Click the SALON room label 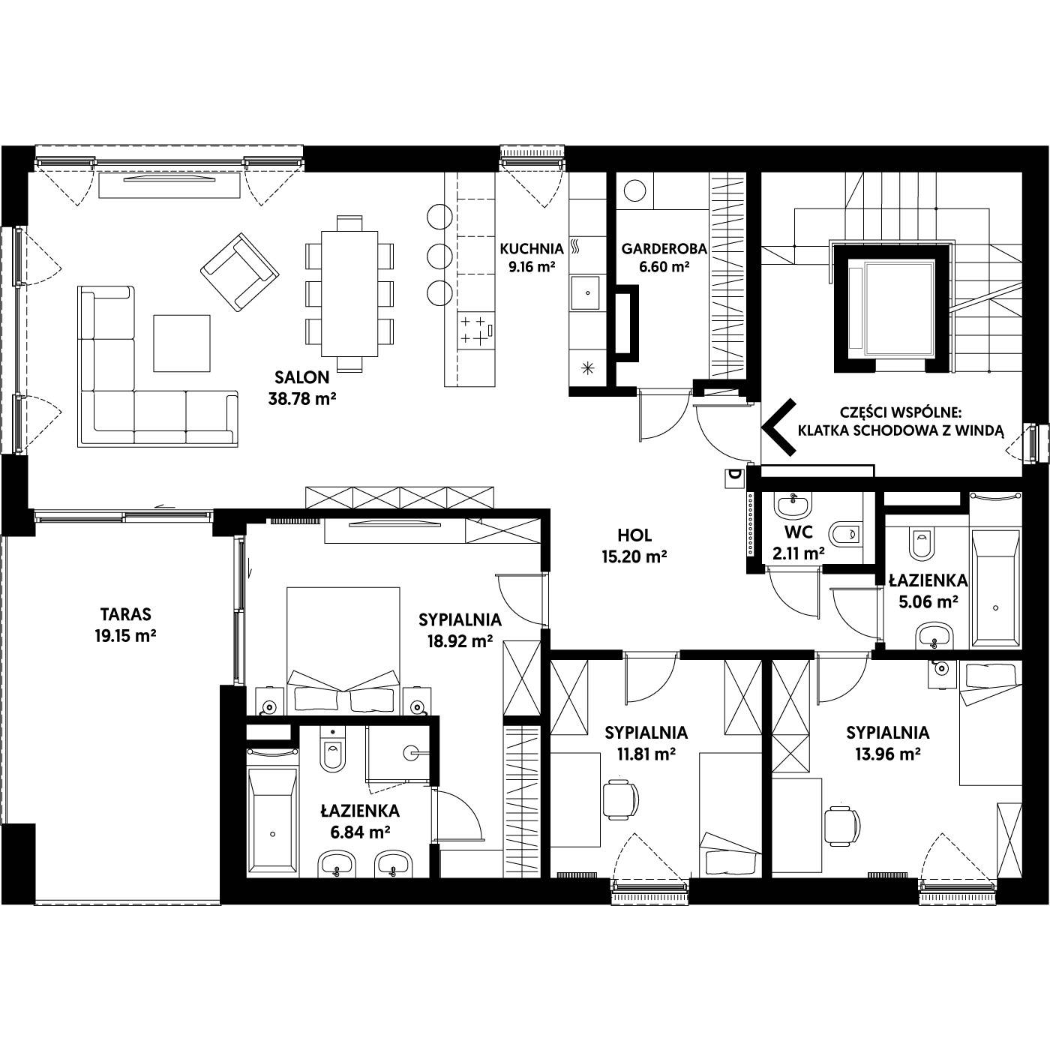click(301, 377)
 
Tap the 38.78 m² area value click(301, 399)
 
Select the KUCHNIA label click(532, 249)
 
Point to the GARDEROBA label click(664, 249)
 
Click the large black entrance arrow click(779, 427)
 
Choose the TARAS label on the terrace click(126, 614)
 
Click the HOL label click(634, 535)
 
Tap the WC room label click(799, 532)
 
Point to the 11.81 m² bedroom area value click(646, 754)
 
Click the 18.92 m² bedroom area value click(460, 641)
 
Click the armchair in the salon click(240, 272)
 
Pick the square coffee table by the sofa click(181, 343)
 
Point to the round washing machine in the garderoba click(634, 190)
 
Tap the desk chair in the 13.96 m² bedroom click(841, 826)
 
